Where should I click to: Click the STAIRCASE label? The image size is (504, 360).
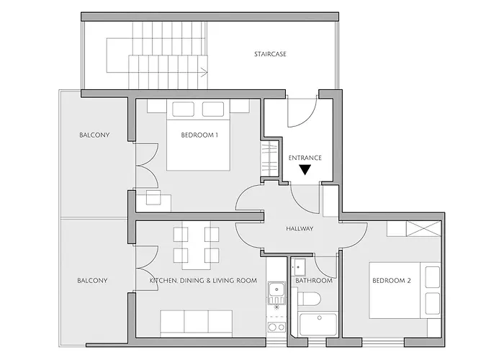270,54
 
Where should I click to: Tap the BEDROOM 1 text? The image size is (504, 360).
199,135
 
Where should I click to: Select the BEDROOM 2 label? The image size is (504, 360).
392,281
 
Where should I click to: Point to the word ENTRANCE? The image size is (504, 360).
305,158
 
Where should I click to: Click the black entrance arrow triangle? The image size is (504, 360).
305,170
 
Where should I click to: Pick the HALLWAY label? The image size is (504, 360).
300,229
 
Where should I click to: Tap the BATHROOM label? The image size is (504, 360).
314,281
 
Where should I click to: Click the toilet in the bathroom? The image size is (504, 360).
309,300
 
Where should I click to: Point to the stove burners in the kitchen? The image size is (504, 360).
276,327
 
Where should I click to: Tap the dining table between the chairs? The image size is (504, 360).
197,246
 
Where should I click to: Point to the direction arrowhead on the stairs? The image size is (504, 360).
204,72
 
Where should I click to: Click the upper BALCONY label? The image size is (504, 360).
94,135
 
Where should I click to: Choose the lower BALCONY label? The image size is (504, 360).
92,281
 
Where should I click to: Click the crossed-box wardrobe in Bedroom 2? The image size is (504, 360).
423,229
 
